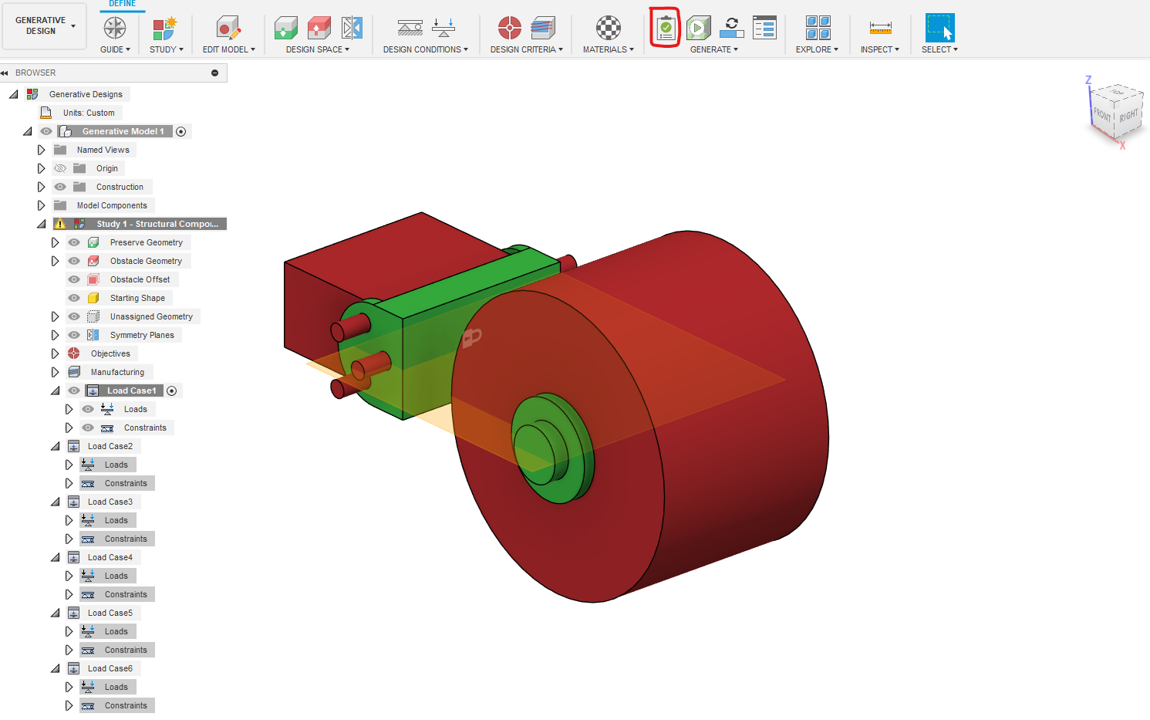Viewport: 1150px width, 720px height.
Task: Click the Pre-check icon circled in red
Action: coord(665,29)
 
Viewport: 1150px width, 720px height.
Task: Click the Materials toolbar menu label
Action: coord(608,49)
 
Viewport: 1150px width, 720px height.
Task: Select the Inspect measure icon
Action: coord(880,29)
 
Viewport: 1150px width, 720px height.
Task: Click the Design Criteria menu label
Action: coord(526,49)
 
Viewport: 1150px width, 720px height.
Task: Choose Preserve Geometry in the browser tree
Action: coord(146,242)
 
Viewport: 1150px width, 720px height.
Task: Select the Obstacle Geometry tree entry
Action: coord(146,261)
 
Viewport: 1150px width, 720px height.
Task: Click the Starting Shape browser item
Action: coord(137,298)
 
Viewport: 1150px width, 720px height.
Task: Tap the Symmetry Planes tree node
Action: coord(142,335)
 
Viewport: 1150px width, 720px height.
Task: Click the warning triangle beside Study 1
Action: coord(60,224)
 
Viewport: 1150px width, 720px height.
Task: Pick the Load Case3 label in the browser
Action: coord(110,502)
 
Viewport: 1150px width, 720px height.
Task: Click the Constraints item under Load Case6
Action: coord(126,705)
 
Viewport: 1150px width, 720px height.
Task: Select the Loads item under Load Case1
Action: coord(135,409)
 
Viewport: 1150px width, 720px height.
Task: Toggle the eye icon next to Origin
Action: coord(60,168)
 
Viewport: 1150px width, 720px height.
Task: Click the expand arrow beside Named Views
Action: coord(42,150)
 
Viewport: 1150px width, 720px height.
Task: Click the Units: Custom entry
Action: coord(89,113)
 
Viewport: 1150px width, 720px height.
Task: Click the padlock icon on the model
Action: coord(471,337)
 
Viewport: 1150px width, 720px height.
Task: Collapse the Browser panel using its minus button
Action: coord(214,73)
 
